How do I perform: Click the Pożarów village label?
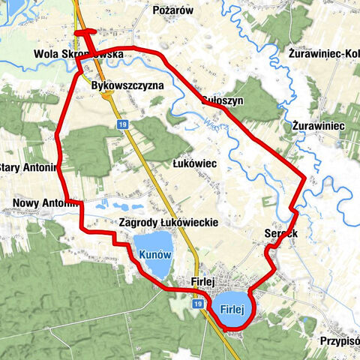(173, 10)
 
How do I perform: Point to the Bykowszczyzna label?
(127, 86)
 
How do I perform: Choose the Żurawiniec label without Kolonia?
(319, 125)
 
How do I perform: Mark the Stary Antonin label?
(28, 166)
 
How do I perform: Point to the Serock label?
(282, 233)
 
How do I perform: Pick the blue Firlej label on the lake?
(233, 308)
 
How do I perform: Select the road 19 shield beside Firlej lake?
(197, 304)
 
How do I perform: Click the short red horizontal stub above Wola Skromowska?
(85, 32)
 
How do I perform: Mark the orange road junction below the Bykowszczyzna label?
(106, 95)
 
